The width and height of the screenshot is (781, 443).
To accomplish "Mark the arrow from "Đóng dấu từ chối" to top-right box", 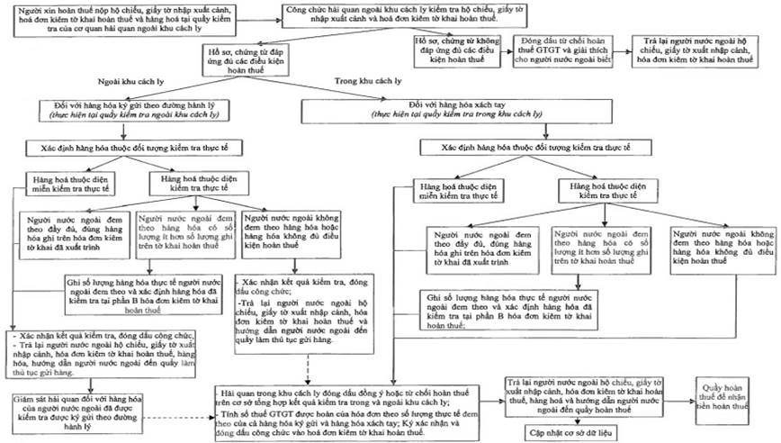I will point(623,47).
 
